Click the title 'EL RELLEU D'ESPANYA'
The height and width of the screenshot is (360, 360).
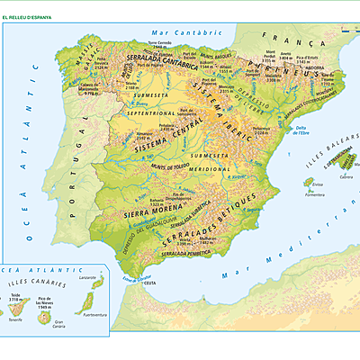click(26, 17)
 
